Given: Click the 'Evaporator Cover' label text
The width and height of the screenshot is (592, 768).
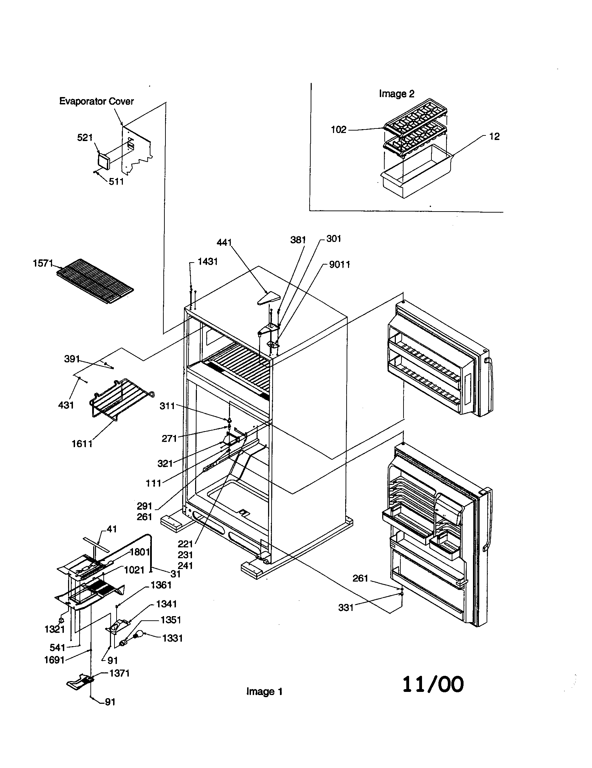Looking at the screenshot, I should [x=96, y=101].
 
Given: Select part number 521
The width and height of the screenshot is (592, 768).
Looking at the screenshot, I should [x=85, y=138].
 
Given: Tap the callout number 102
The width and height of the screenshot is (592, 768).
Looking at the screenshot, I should [x=339, y=130].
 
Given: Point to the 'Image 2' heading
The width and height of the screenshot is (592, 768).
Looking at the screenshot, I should [x=397, y=94].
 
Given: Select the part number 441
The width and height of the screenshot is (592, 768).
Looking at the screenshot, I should [x=224, y=242].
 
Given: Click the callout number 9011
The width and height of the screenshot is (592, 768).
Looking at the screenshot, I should [x=340, y=265].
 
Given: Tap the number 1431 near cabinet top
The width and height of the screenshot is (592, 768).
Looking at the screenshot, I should [x=207, y=261].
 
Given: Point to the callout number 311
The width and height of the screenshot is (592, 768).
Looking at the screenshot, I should [x=167, y=406].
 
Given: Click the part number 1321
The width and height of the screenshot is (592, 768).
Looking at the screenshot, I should [x=54, y=629].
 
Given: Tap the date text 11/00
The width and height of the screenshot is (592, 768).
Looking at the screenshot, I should [x=433, y=684].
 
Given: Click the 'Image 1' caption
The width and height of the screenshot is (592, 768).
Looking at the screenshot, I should [x=264, y=691].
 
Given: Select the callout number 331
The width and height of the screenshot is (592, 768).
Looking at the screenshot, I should [x=346, y=607].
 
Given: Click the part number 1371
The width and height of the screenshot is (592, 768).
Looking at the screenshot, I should [x=119, y=673].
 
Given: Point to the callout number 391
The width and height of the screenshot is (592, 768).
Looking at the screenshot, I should [x=72, y=359].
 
